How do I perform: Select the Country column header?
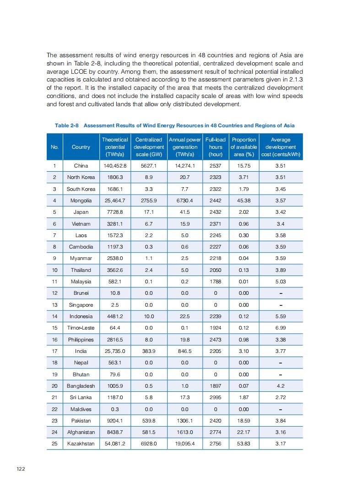(81, 147)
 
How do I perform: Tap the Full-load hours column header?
(215, 147)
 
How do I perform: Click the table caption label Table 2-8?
(68, 125)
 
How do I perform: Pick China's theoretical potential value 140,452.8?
(115, 166)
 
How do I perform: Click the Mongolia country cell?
(81, 200)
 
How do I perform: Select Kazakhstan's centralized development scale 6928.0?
(149, 444)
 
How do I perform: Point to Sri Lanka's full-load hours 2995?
(215, 397)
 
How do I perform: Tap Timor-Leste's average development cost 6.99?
(281, 328)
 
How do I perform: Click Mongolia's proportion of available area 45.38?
(244, 200)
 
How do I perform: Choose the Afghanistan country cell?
(81, 432)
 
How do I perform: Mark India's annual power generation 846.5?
(185, 351)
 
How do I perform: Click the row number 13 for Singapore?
(54, 305)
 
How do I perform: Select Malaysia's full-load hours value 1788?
(215, 282)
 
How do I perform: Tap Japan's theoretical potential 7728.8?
(115, 212)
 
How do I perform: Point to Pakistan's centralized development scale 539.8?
(149, 421)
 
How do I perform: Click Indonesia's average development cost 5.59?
(281, 316)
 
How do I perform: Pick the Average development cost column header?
(281, 147)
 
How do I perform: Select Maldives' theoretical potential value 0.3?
(115, 409)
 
